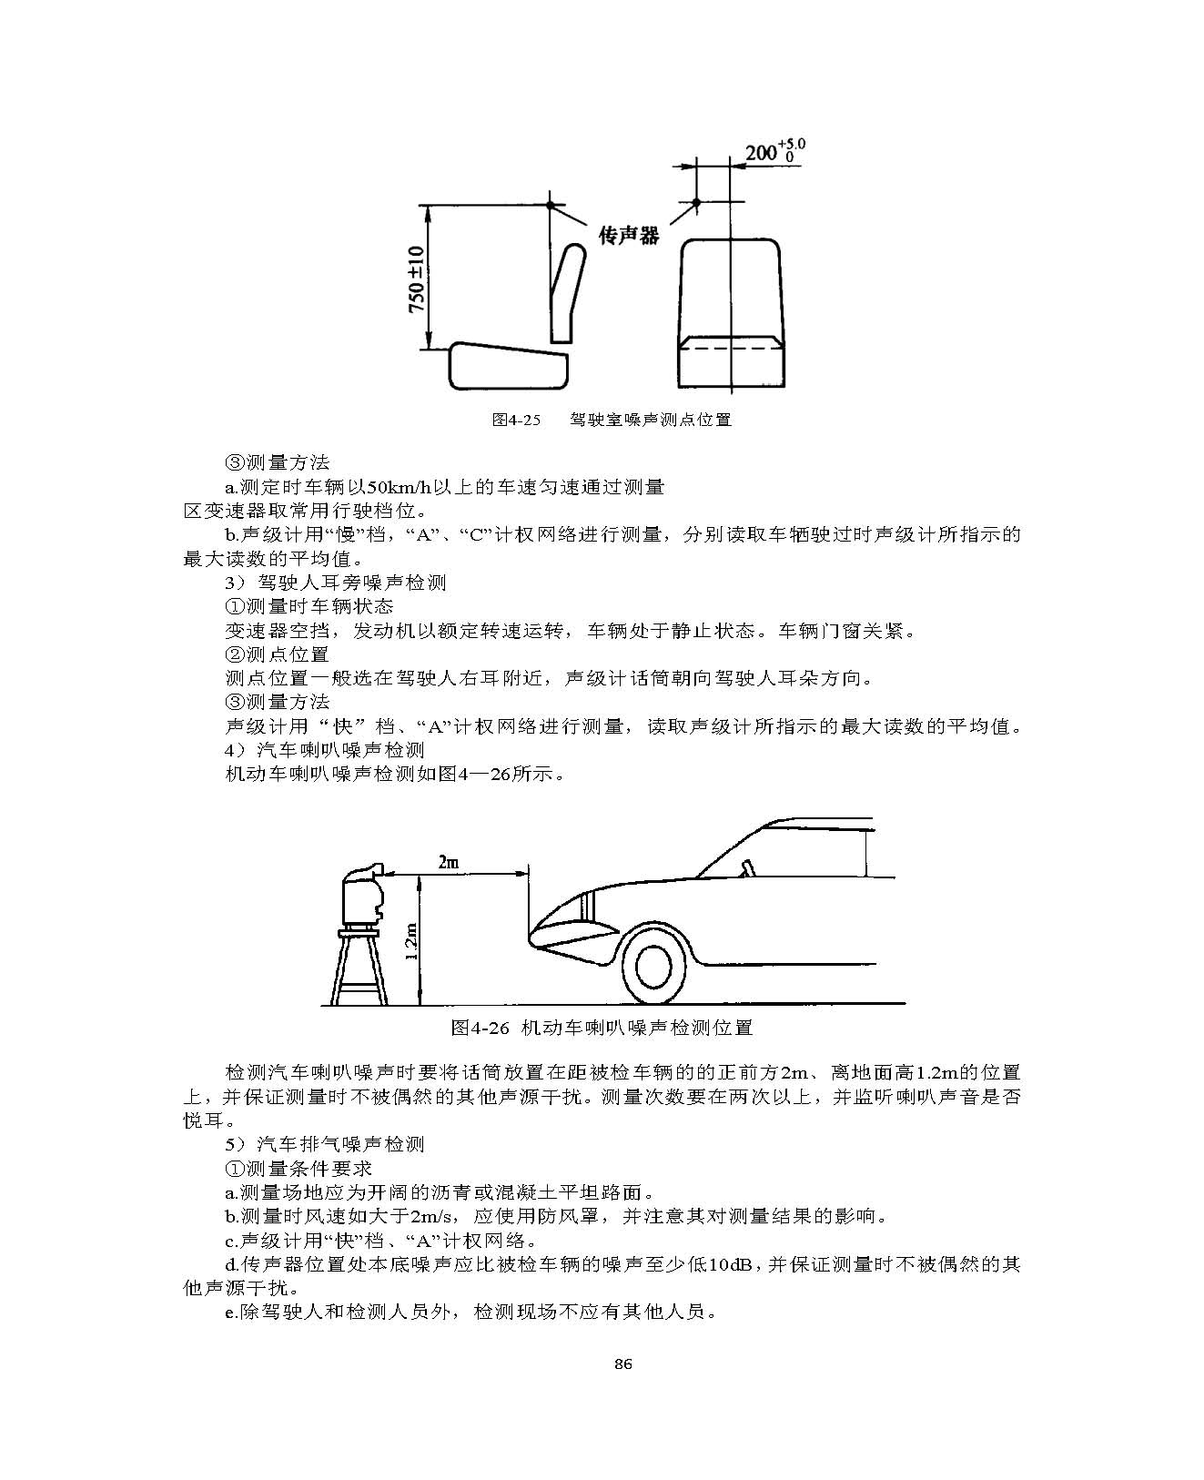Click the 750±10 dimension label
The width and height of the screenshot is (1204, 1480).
[416, 279]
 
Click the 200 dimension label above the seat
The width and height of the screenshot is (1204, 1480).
[774, 151]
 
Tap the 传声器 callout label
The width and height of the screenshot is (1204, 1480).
[628, 235]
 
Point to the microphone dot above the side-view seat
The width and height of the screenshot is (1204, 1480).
[551, 205]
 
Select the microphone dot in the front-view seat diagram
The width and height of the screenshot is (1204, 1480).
[696, 202]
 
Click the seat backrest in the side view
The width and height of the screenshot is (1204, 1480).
[568, 292]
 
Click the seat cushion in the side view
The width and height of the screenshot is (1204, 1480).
[509, 366]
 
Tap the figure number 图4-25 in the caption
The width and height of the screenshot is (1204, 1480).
[515, 420]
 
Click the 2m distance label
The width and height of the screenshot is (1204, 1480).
[448, 862]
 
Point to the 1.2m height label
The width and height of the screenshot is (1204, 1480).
[410, 941]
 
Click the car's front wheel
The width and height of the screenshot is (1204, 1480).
[653, 967]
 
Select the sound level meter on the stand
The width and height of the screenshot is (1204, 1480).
[363, 894]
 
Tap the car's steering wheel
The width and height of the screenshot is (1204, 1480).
[747, 867]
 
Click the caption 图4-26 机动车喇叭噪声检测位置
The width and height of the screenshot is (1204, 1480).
[602, 1028]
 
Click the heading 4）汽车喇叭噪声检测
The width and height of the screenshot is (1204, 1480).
[325, 750]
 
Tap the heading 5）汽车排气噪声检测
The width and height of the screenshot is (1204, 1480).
[325, 1144]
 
